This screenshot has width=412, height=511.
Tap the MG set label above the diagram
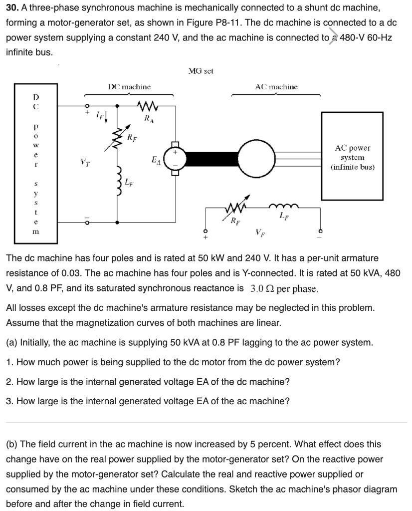(201, 71)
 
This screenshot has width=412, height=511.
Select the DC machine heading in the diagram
(129, 87)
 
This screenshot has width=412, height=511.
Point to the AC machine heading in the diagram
(276, 87)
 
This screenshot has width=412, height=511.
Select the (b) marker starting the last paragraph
(11, 444)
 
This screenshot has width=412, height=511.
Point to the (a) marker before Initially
(11, 342)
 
